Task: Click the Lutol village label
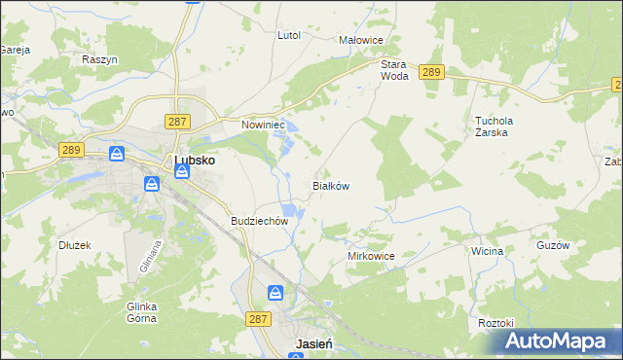(289, 35)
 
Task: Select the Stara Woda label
(393, 70)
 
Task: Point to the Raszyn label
(100, 59)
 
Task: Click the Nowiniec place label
(262, 125)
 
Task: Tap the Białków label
(330, 185)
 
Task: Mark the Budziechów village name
(260, 221)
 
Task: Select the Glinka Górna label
(142, 312)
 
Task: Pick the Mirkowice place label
(371, 256)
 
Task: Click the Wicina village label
(487, 251)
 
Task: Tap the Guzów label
(552, 246)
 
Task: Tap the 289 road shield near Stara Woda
(432, 72)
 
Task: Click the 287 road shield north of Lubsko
(176, 121)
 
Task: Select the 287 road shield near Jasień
(257, 318)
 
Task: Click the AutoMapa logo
(554, 342)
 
